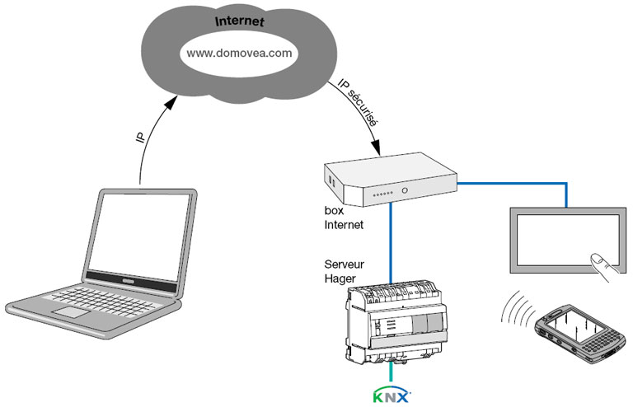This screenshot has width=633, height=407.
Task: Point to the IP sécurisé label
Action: coord(359,102)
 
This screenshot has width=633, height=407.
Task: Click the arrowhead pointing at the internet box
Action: coord(375,151)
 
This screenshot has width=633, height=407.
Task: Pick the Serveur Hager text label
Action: coord(345,273)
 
